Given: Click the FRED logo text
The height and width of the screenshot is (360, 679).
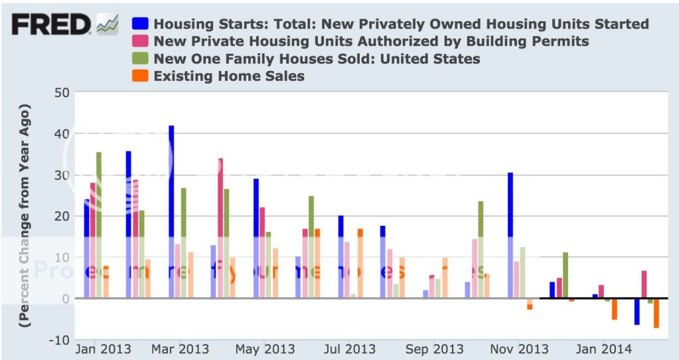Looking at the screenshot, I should point(51,25).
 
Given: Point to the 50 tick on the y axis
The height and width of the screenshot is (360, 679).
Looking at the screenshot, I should point(61,92).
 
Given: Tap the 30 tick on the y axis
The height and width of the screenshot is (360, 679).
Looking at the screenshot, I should point(61,175).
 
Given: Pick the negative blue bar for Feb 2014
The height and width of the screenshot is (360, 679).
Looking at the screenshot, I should point(637,312).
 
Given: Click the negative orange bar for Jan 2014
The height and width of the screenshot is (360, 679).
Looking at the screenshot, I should point(615,309).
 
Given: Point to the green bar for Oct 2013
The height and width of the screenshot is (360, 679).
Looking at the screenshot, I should point(481,246).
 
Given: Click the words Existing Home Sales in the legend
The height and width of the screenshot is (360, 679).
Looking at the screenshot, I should point(229,76).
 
